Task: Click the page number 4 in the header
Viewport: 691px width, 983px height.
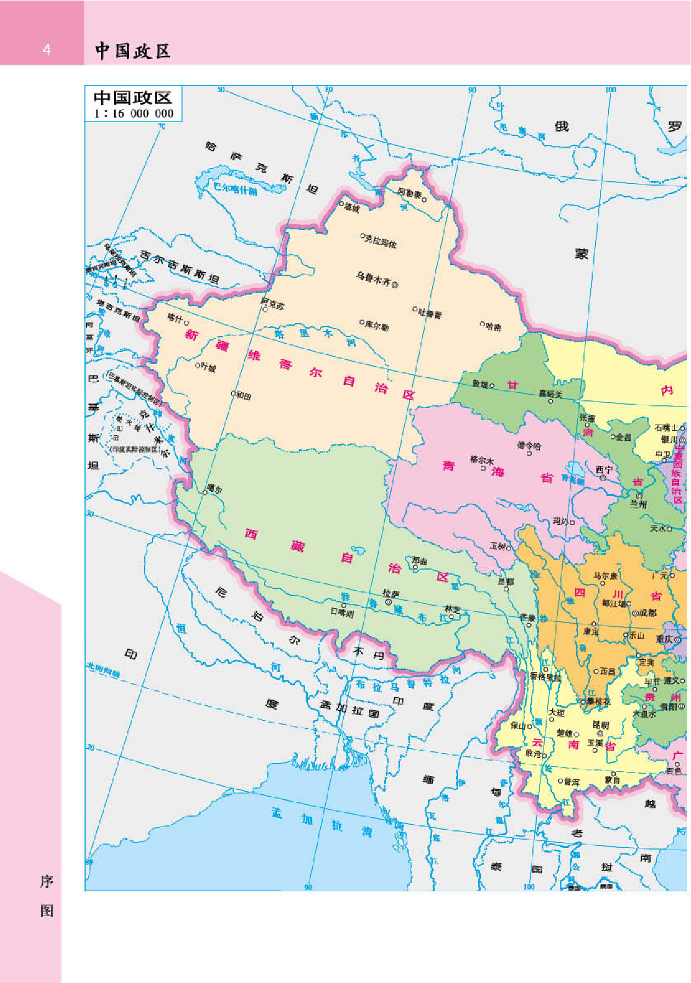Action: pyautogui.click(x=47, y=50)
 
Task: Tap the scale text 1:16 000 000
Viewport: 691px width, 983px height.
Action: pyautogui.click(x=133, y=114)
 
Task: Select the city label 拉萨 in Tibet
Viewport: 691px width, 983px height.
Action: pyautogui.click(x=391, y=594)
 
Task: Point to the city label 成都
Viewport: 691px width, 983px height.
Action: pyautogui.click(x=648, y=612)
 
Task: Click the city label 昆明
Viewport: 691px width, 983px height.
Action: pyautogui.click(x=601, y=725)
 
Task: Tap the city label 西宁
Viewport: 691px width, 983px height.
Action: pyautogui.click(x=604, y=470)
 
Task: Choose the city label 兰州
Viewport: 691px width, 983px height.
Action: pyautogui.click(x=638, y=504)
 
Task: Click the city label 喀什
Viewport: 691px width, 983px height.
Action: pyautogui.click(x=175, y=318)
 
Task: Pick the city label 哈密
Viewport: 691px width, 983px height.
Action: pyautogui.click(x=493, y=327)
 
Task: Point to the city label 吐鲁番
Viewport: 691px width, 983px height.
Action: pyautogui.click(x=430, y=314)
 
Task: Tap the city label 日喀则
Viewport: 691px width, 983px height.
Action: pyautogui.click(x=342, y=613)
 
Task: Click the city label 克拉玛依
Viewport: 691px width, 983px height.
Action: pyautogui.click(x=381, y=241)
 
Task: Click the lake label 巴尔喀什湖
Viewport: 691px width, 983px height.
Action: pyautogui.click(x=235, y=188)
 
